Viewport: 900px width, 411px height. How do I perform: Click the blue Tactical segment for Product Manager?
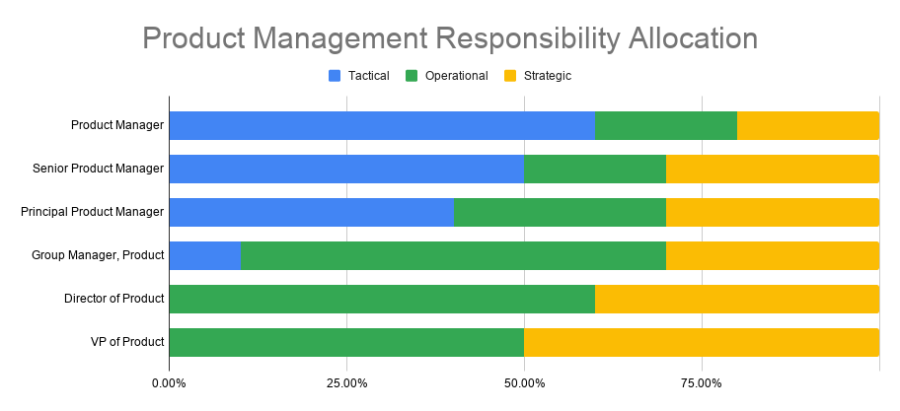[x=382, y=125]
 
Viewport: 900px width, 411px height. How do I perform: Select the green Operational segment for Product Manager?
[x=666, y=125]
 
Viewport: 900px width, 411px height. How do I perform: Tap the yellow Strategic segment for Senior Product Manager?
[x=773, y=170]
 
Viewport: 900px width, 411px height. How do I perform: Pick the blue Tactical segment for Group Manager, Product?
[x=205, y=255]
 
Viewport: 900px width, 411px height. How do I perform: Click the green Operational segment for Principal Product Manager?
[x=560, y=212]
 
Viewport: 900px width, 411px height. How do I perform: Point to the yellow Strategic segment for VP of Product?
[x=702, y=342]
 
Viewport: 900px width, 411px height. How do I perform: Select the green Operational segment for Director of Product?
[x=382, y=300]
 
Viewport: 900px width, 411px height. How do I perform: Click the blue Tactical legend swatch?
[x=335, y=76]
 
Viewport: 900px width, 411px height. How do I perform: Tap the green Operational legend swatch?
[x=411, y=76]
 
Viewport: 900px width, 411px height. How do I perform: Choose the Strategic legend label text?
[x=548, y=76]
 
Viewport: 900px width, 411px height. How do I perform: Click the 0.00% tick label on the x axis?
[x=169, y=383]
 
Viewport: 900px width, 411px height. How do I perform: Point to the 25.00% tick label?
[x=346, y=383]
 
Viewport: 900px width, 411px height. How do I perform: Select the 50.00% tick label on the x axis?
[x=524, y=383]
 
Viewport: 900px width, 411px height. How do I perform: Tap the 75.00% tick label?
[x=702, y=383]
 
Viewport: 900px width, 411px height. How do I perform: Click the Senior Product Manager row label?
[x=98, y=169]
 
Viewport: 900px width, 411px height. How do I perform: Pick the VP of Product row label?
[x=127, y=342]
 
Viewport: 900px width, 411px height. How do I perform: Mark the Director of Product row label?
[x=114, y=299]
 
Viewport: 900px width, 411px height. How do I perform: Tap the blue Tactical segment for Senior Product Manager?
[x=346, y=170]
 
